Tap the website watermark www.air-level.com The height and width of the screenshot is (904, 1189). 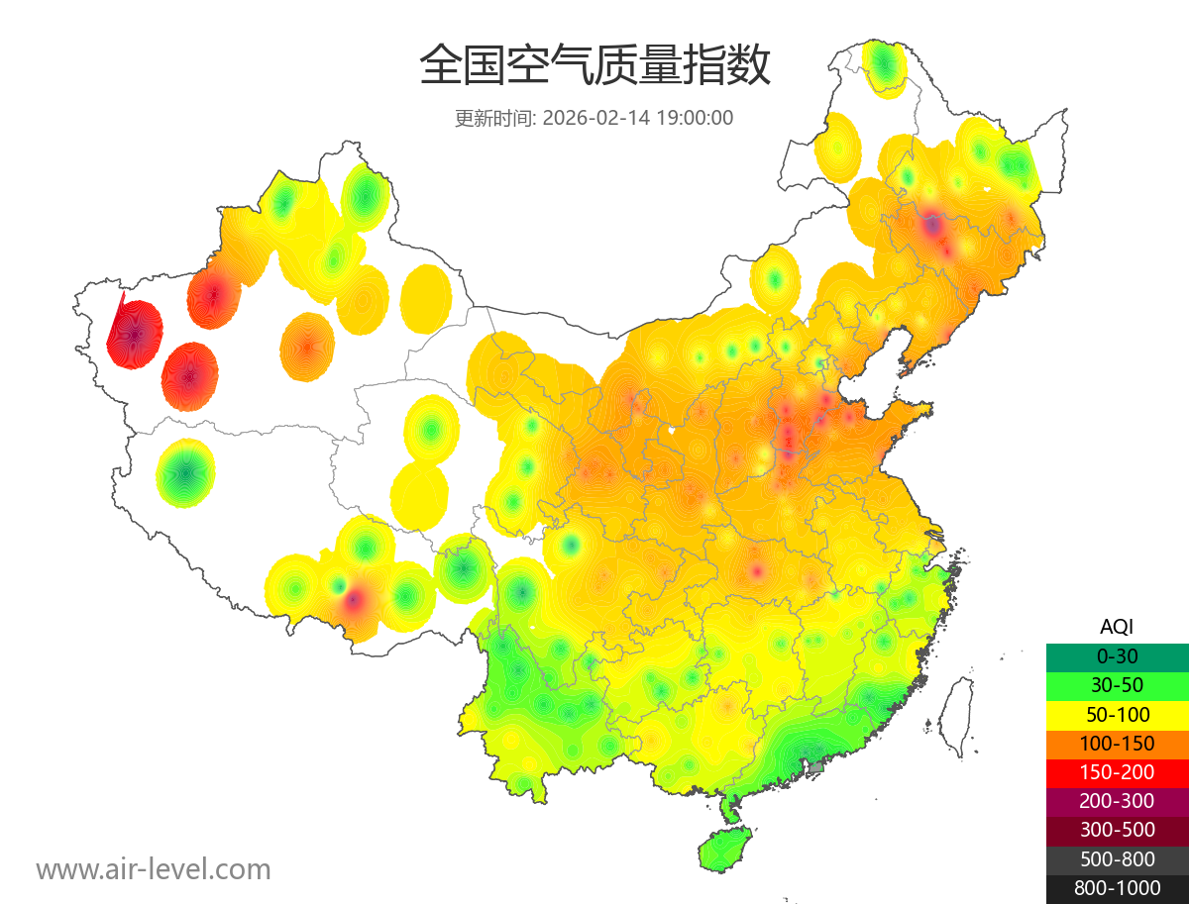154,869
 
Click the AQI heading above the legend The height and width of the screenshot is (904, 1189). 1117,627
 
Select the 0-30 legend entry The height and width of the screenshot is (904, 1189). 1117,656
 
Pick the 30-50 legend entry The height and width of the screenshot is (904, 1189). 1117,685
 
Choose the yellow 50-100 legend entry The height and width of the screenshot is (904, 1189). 1117,714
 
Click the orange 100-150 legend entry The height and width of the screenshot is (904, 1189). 1117,743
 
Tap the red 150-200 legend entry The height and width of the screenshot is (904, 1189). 1117,772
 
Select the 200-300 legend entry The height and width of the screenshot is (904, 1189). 1117,801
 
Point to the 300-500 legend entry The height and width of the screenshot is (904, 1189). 1117,830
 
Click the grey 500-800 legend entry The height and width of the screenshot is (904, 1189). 1117,858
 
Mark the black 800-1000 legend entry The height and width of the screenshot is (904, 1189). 1117,888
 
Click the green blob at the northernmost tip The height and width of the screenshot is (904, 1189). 884,67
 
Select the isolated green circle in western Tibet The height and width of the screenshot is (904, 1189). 185,473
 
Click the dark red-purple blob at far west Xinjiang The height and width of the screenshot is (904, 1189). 135,334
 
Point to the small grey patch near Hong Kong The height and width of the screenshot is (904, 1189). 816,766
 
